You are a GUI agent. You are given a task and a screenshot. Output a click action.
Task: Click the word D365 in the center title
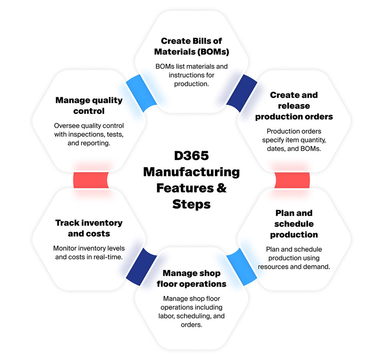(x=191, y=156)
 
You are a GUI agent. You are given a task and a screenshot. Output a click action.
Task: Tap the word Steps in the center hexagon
(x=191, y=204)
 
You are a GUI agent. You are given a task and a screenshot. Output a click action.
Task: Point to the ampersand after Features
(x=221, y=188)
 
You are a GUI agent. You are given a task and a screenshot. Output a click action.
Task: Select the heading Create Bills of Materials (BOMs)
(x=191, y=46)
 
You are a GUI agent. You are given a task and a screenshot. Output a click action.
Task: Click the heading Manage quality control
(x=89, y=105)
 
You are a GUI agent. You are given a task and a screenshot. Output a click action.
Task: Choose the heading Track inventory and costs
(x=89, y=228)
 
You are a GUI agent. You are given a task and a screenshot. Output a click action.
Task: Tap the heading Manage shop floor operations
(x=191, y=278)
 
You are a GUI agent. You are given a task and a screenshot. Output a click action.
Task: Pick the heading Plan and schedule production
(x=294, y=224)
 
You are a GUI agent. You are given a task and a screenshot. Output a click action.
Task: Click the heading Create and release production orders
(x=294, y=106)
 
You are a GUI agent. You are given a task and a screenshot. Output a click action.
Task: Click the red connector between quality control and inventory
(x=91, y=180)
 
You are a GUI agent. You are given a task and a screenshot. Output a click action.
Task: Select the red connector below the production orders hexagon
(x=292, y=180)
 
